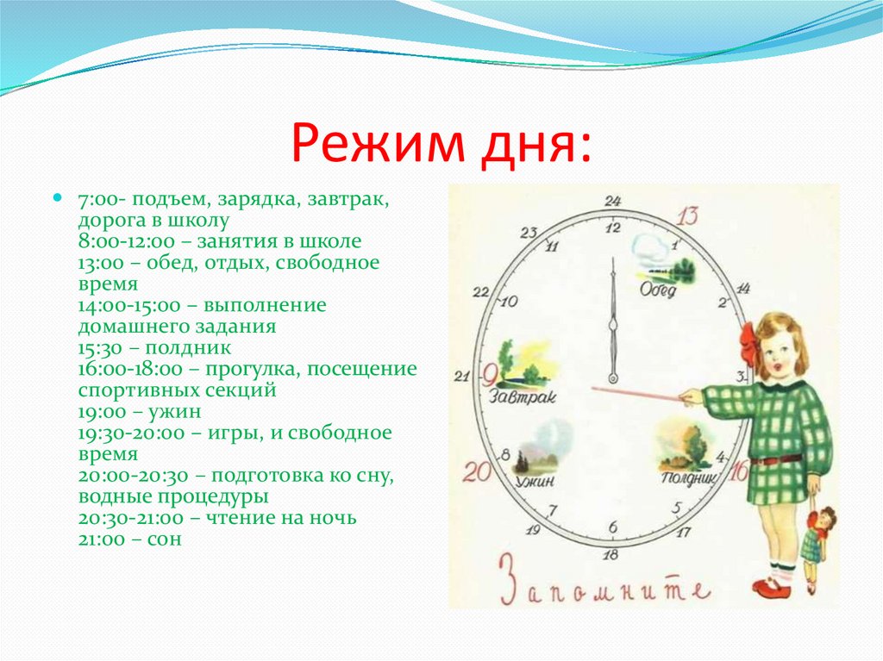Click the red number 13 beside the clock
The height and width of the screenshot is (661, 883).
point(687,215)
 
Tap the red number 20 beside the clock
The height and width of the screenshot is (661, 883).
point(476,471)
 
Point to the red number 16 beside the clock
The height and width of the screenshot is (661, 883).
point(738,471)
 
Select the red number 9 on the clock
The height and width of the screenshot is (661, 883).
point(490,374)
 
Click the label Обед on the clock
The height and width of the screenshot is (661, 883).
point(658,290)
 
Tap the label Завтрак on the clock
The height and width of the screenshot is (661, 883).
point(522,397)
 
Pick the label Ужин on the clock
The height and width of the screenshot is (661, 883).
point(535,482)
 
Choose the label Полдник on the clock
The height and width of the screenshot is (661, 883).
point(688,479)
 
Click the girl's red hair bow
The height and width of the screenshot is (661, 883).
point(751,344)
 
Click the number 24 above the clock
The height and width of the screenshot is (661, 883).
point(613,201)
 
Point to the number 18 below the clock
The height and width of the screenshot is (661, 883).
point(611,555)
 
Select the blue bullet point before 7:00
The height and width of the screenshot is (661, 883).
point(57,197)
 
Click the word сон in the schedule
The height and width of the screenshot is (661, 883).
point(165,539)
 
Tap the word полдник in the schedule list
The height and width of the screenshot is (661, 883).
point(188,348)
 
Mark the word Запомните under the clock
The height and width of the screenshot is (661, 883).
point(604,585)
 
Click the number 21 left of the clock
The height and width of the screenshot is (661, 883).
point(462,376)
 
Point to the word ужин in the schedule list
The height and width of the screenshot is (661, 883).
point(174,412)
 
